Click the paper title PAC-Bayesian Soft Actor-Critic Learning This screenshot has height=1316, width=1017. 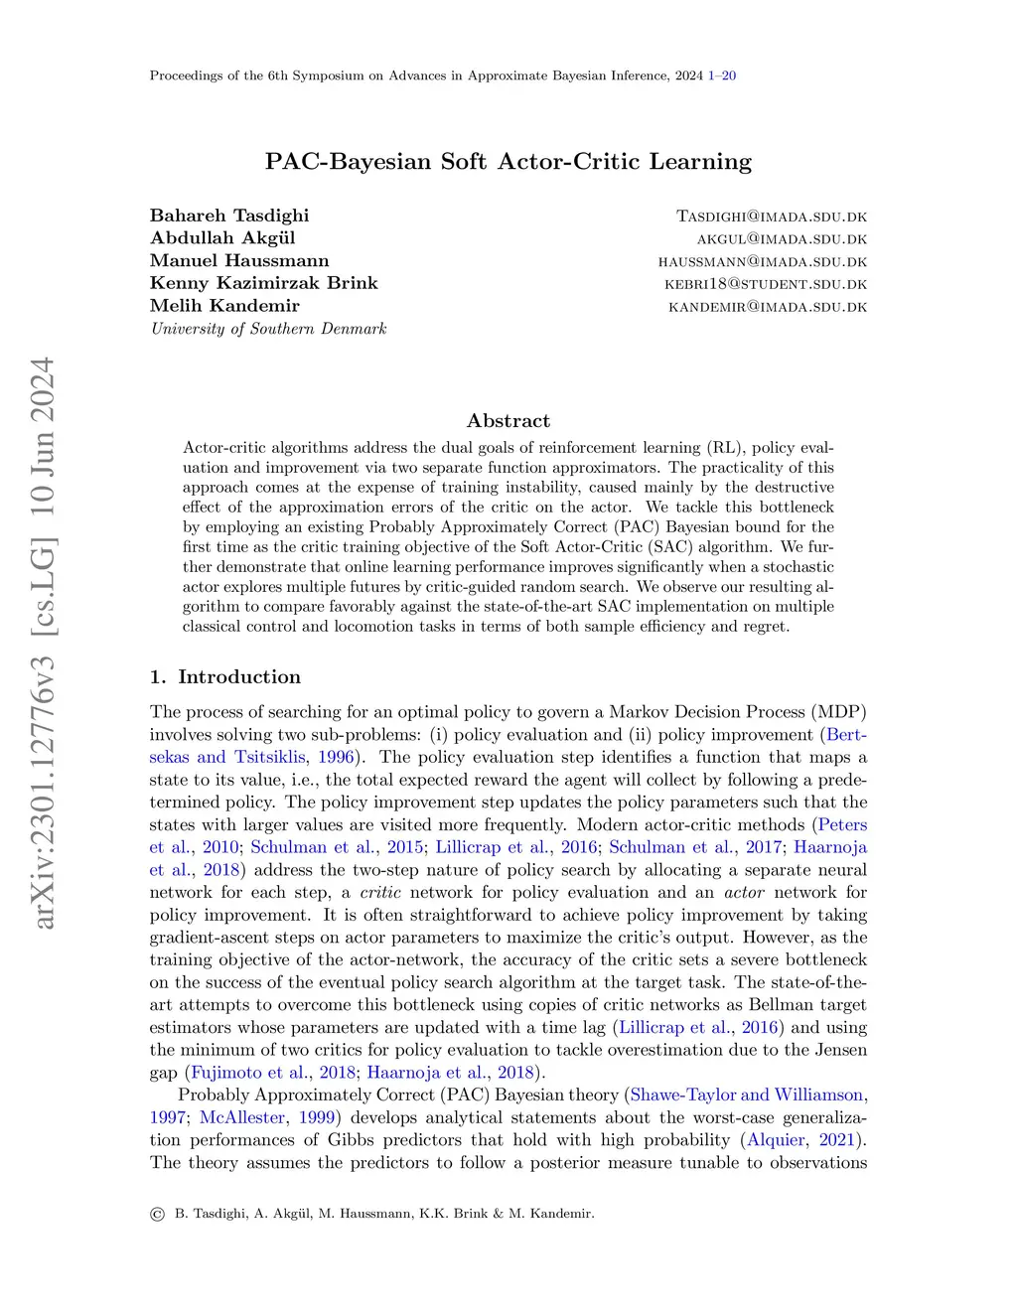point(508,161)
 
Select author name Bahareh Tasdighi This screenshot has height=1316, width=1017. point(229,216)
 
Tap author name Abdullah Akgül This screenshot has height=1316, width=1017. point(222,237)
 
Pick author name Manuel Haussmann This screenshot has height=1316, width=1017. point(239,260)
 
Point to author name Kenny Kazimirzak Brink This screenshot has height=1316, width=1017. point(263,283)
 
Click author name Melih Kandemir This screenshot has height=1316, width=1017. point(224,306)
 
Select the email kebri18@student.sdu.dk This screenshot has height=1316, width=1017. point(766,284)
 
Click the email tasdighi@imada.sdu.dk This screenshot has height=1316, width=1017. point(772,217)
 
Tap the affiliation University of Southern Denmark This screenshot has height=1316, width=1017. point(268,329)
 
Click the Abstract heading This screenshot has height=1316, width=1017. point(508,420)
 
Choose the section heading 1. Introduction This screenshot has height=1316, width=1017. point(225,677)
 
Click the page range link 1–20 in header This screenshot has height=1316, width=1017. point(722,75)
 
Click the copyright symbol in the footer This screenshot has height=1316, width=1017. point(157,1214)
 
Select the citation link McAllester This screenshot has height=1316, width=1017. point(242,1117)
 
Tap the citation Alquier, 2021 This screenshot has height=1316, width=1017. point(804,1140)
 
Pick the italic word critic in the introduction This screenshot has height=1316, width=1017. point(380,892)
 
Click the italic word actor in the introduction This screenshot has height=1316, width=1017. point(744,892)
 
